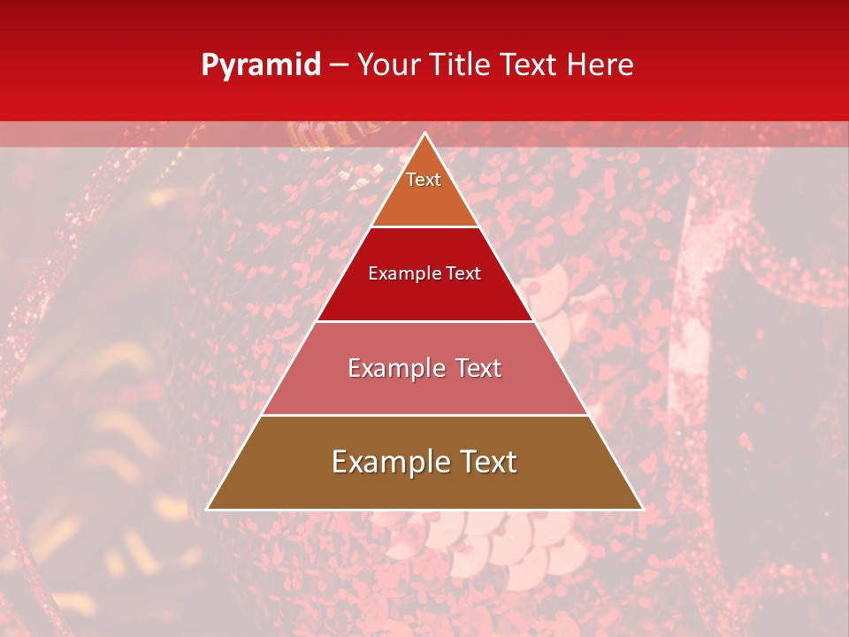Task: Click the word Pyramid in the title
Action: pyautogui.click(x=261, y=65)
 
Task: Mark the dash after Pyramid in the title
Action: pyautogui.click(x=339, y=65)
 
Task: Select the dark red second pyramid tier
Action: pyautogui.click(x=424, y=296)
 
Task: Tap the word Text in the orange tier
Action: pyautogui.click(x=424, y=180)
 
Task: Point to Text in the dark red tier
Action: pyautogui.click(x=464, y=273)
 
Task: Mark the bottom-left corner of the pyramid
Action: pyautogui.click(x=208, y=509)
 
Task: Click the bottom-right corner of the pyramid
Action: pyautogui.click(x=642, y=509)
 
